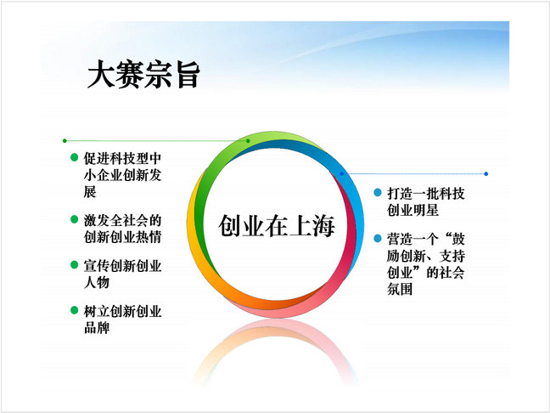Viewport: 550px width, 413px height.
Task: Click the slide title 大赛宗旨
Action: tap(143, 74)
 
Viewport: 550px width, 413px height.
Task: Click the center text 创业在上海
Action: tap(277, 226)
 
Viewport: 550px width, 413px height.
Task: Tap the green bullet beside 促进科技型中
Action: tap(74, 157)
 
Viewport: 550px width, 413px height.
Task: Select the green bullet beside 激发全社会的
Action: tap(74, 219)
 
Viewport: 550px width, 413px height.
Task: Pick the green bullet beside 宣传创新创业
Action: tap(74, 264)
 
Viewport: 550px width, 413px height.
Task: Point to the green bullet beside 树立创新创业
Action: tap(74, 310)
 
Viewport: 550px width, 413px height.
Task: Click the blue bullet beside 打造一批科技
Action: tap(378, 192)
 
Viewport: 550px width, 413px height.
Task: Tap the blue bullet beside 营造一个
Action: tap(378, 239)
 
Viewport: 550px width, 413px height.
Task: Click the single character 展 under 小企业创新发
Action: tap(90, 192)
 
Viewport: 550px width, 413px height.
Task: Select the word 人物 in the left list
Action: tap(97, 282)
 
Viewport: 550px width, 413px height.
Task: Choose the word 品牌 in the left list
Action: tap(97, 328)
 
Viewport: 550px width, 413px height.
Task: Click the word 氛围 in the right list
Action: tap(400, 290)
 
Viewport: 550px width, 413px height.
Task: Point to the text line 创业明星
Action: tap(412, 211)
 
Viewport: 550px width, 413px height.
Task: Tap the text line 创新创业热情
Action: tap(122, 237)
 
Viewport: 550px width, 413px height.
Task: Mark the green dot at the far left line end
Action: tap(65, 141)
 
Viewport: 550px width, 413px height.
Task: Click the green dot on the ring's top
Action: tap(248, 141)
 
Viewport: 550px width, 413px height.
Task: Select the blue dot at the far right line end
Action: tap(485, 174)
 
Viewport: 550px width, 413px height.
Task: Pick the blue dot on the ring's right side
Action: tap(342, 174)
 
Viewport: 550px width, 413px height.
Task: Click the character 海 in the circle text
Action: tap(323, 226)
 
